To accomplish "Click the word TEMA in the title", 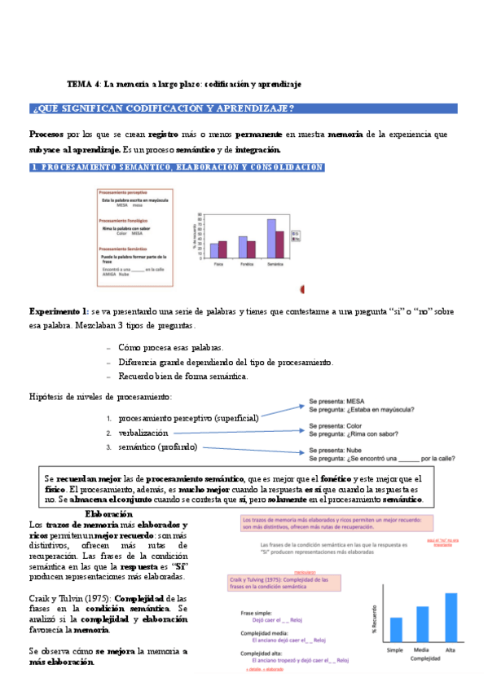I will (79, 84).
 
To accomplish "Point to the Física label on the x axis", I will (218, 264).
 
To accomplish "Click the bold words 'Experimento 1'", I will (58, 311).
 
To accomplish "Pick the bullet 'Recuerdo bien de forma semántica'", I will (183, 376).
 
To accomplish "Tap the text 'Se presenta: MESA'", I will (336, 402).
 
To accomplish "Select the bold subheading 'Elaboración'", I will (108, 515).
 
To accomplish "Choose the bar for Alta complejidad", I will (451, 594).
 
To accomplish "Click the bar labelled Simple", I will (396, 606).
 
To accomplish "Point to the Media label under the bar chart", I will (423, 627).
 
